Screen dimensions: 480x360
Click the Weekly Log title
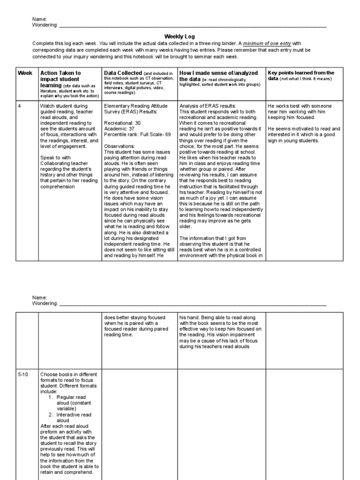[x=179, y=36]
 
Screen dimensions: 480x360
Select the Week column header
[x=25, y=73]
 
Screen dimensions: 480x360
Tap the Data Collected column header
[x=123, y=73]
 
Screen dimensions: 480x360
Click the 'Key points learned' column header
[x=300, y=73]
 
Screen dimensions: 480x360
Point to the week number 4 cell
[x=20, y=106]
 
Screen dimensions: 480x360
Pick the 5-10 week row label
[x=22, y=374]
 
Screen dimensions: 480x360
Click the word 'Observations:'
[x=119, y=146]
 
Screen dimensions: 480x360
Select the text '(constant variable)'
[x=74, y=406]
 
